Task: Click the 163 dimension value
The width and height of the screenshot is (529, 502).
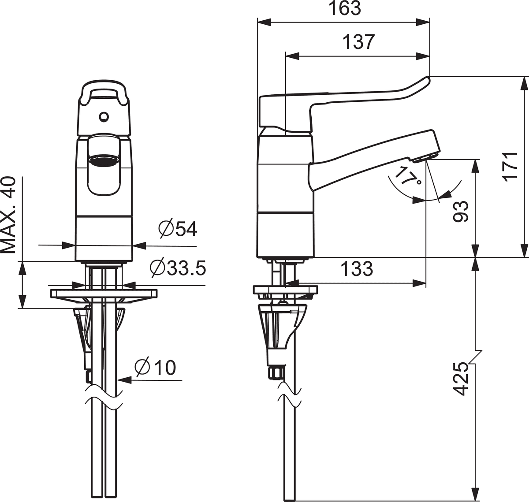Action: click(x=346, y=9)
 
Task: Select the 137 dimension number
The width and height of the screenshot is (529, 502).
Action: click(x=359, y=42)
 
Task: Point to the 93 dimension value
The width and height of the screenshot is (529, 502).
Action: click(x=461, y=212)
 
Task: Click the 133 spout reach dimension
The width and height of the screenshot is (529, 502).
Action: click(x=357, y=269)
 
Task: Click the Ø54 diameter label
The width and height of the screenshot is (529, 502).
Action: click(x=177, y=230)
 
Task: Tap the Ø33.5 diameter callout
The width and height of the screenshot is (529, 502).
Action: click(x=178, y=268)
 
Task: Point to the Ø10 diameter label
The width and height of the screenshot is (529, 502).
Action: click(x=155, y=367)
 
